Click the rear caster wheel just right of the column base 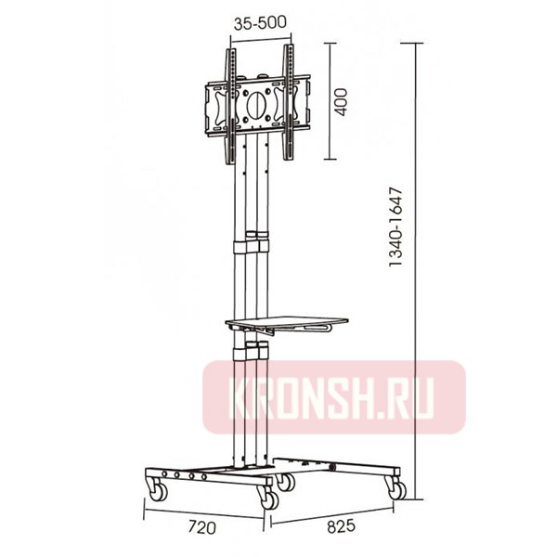pyautogui.click(x=285, y=482)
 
